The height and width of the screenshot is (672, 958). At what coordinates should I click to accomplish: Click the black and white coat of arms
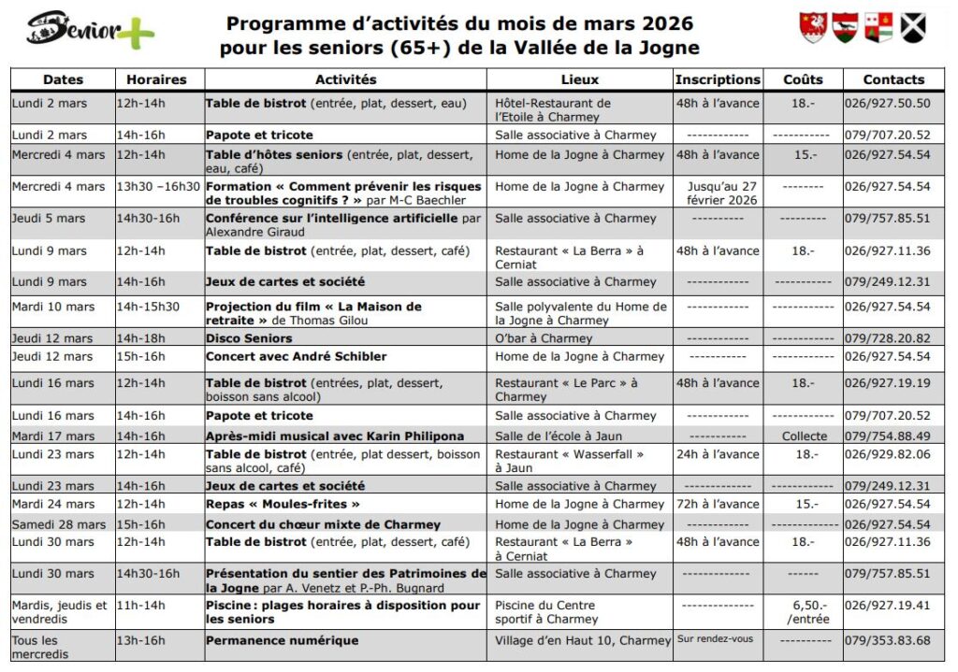[x=913, y=28]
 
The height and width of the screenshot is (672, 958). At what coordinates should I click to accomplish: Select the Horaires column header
[x=156, y=80]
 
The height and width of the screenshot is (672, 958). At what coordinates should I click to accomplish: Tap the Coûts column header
[x=803, y=80]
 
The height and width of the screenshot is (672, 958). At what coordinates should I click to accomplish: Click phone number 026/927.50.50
[x=888, y=104]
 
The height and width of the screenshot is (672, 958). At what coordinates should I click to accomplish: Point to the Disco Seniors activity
[x=249, y=338]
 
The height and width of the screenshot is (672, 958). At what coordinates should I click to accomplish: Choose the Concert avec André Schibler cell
[x=297, y=356]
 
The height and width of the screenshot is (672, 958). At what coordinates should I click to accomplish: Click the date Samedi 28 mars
[x=59, y=524]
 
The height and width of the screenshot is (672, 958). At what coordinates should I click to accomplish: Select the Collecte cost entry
[x=805, y=436]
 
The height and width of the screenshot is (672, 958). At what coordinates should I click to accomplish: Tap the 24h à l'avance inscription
[x=718, y=454]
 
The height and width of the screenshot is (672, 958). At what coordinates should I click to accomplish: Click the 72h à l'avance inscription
[x=718, y=505]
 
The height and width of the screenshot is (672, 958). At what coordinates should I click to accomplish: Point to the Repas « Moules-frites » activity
[x=283, y=505]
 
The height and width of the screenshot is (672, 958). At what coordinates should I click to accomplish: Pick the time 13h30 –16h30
[x=158, y=187]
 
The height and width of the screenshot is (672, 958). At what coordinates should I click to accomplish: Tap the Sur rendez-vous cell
[x=715, y=640]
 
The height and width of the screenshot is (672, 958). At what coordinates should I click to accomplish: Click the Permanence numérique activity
[x=282, y=641]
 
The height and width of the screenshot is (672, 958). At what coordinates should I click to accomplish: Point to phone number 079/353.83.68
[x=888, y=641]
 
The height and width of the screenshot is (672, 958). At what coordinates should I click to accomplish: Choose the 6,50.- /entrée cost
[x=804, y=612]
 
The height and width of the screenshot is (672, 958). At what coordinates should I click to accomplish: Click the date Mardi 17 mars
[x=53, y=436]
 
